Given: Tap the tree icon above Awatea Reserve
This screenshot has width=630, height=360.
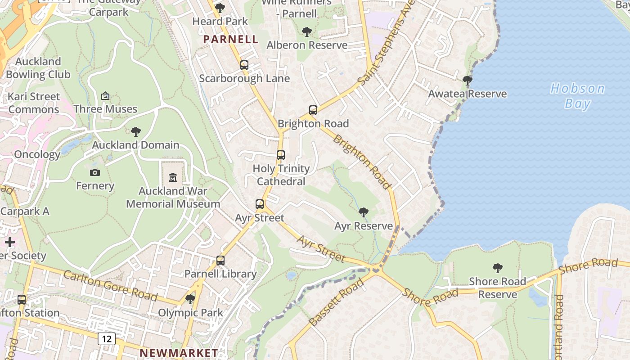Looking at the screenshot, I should pyautogui.click(x=468, y=81).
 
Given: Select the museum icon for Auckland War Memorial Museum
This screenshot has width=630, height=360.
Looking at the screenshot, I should pyautogui.click(x=173, y=177).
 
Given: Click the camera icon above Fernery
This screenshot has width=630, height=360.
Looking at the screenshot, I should pyautogui.click(x=95, y=172).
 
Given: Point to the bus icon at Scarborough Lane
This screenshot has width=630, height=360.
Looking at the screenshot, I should pyautogui.click(x=244, y=65).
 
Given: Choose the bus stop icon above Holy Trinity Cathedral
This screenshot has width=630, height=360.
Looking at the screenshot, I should pyautogui.click(x=281, y=155).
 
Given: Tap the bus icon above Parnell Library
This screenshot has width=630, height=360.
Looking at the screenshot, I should pyautogui.click(x=220, y=260).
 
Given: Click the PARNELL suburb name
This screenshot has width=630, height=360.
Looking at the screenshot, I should pyautogui.click(x=230, y=39).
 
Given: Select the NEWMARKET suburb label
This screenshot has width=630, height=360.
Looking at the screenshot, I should pyautogui.click(x=179, y=353).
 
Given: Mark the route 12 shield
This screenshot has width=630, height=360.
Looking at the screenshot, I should pyautogui.click(x=107, y=338).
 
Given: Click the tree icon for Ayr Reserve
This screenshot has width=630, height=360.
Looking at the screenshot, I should pyautogui.click(x=364, y=212).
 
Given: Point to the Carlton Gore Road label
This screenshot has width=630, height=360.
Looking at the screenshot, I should pyautogui.click(x=110, y=286).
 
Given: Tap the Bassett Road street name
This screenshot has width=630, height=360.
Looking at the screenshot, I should pyautogui.click(x=337, y=302).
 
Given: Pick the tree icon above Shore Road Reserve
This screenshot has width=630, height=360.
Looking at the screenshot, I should pyautogui.click(x=497, y=268).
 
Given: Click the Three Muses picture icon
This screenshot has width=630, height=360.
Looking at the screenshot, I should pyautogui.click(x=105, y=95).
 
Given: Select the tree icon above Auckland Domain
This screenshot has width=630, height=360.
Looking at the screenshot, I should pyautogui.click(x=136, y=131).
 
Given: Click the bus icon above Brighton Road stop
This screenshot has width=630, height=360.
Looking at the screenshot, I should pyautogui.click(x=313, y=110).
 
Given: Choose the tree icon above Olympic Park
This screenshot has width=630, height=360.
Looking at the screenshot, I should pyautogui.click(x=190, y=299).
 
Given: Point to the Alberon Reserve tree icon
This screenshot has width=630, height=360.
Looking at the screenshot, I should pyautogui.click(x=307, y=31).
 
